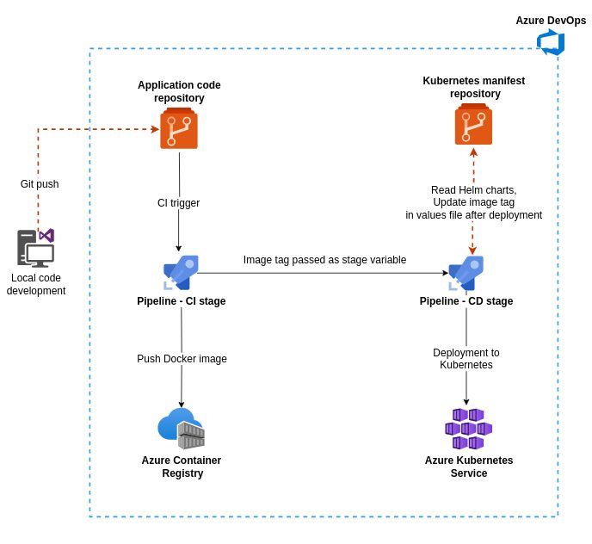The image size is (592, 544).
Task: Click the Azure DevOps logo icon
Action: (551, 42)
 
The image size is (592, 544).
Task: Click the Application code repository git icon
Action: (179, 129)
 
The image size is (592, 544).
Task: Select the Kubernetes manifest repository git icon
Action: (473, 125)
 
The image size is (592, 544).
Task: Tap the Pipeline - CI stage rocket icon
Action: (182, 273)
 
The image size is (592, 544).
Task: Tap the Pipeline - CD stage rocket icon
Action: (466, 273)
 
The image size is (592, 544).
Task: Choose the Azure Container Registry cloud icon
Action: (181, 428)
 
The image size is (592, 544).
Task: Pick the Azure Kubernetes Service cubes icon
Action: (468, 429)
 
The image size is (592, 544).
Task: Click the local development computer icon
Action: (36, 248)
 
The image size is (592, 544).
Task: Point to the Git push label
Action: (40, 184)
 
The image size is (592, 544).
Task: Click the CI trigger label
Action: (178, 203)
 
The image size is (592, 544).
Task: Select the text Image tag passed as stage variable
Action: (324, 260)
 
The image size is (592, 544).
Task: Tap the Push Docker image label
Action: (182, 359)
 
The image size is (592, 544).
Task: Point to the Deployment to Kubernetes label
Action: (466, 359)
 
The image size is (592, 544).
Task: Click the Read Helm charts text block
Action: (473, 202)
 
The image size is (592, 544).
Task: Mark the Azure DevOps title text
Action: (551, 21)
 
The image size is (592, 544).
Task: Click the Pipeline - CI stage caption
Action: (182, 301)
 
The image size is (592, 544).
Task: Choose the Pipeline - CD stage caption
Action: (466, 301)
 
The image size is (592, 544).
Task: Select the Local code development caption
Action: (36, 284)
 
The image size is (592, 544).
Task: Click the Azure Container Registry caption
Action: (182, 467)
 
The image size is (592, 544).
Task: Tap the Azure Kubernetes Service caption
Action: (469, 467)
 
